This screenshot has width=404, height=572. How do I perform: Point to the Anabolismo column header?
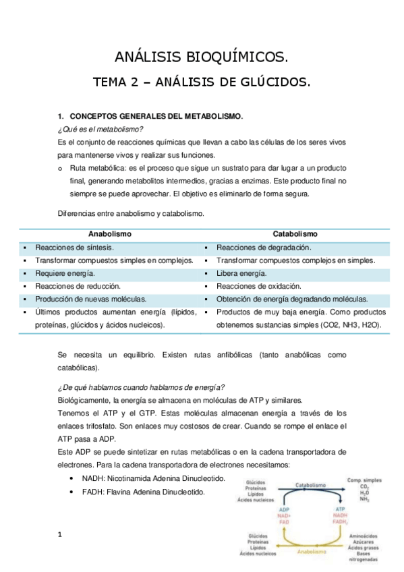coord(110,233)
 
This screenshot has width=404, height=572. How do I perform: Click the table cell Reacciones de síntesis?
coord(75,248)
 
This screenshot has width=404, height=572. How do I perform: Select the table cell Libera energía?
coord(241,273)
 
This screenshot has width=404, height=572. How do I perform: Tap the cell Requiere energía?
coord(65,273)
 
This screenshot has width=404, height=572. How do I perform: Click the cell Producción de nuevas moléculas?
coord(91,299)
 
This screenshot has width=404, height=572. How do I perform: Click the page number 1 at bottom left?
coord(60,536)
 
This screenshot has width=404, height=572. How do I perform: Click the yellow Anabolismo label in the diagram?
coord(314,551)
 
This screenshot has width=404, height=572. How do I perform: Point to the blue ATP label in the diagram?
coord(341,509)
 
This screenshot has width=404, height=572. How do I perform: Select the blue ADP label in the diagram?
coord(285,509)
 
